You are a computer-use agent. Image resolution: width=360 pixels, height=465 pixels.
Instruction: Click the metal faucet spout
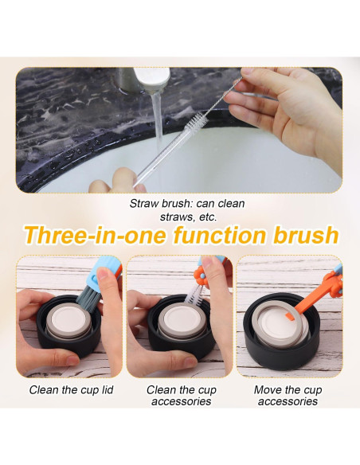pyautogui.click(x=151, y=79)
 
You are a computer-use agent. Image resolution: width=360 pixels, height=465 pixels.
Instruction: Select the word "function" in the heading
pyautogui.click(x=220, y=235)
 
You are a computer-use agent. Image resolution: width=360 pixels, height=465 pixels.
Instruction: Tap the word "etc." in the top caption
pyautogui.click(x=208, y=217)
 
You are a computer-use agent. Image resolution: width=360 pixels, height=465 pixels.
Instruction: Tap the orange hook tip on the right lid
pyautogui.click(x=290, y=317)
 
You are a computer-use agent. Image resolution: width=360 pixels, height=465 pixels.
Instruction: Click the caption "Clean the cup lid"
pyautogui.click(x=71, y=389)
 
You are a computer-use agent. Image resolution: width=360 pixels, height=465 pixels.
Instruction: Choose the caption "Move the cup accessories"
pyautogui.click(x=288, y=395)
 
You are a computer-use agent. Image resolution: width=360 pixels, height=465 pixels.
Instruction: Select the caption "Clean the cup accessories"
pyautogui.click(x=181, y=395)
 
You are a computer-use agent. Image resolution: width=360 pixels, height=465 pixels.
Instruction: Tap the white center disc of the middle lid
pyautogui.click(x=181, y=318)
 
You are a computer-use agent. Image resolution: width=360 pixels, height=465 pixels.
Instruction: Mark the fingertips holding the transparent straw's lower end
pyautogui.click(x=119, y=182)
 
